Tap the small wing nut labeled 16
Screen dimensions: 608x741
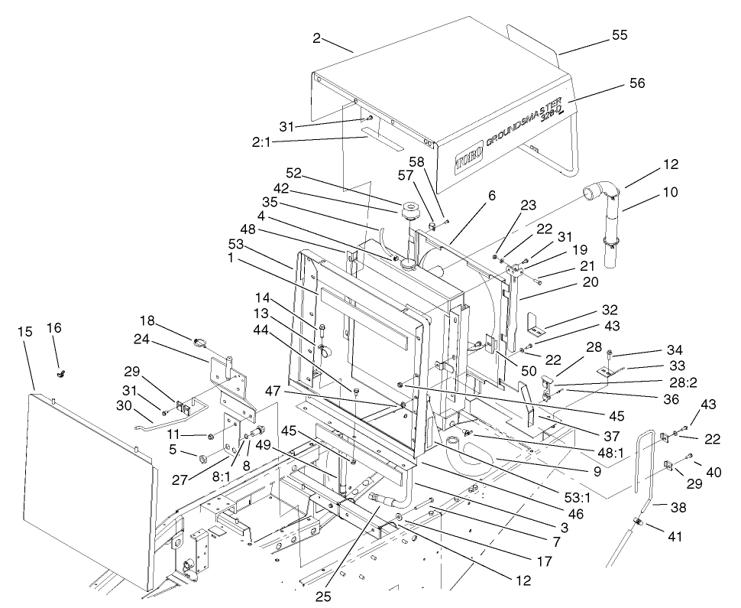click(x=59, y=374)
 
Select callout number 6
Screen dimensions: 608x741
click(x=492, y=196)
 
